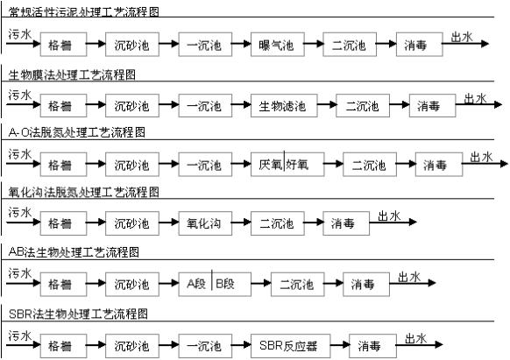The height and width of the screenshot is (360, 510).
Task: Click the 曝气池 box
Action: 278,44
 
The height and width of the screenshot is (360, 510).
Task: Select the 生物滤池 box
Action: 284,106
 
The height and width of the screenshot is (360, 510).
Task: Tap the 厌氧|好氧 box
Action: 287,165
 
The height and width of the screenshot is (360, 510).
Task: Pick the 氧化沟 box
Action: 205,223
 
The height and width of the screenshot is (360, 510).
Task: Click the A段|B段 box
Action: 215,284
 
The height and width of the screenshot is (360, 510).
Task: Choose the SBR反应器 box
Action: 290,346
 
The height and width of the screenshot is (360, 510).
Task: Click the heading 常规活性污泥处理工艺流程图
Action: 84,12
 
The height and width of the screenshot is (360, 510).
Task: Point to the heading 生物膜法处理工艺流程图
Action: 72,75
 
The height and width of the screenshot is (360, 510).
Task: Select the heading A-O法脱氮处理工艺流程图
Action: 77,132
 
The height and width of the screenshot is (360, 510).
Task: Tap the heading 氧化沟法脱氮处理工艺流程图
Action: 84,192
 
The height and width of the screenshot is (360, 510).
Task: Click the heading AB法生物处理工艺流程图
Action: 74,252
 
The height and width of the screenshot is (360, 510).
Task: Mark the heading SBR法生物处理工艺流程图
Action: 78,314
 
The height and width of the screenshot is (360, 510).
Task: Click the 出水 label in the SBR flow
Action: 415,339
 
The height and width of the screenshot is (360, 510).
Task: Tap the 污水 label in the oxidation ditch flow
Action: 20,213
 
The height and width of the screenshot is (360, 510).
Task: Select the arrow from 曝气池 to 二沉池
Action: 314,44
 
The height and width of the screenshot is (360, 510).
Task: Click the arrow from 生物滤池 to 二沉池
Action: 327,105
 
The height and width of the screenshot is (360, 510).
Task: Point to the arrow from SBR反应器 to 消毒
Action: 340,345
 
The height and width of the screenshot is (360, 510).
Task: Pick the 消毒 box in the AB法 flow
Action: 366,284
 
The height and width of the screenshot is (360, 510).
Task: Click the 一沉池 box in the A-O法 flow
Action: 205,165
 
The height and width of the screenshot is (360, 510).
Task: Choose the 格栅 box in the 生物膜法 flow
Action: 63,106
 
